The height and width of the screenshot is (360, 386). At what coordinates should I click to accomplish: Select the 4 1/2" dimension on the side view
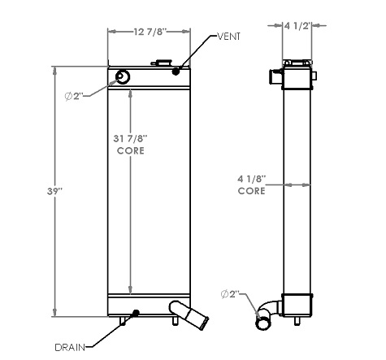coord(297,26)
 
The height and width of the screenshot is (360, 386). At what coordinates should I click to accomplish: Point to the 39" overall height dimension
coord(54,191)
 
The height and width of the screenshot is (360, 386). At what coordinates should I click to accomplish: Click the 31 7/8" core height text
coord(131,140)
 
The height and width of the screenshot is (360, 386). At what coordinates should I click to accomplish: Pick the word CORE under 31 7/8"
coord(131,151)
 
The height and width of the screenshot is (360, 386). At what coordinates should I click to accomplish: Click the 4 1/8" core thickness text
coord(253,179)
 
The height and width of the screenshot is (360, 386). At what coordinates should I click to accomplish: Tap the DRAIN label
coord(71,347)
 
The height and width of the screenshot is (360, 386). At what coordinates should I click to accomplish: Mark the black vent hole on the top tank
coord(177,72)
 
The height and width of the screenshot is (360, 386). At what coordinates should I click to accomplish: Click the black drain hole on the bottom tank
coord(136,313)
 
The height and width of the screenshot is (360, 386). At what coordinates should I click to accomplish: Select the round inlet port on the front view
coord(123,77)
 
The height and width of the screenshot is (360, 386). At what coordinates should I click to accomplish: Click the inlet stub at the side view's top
coord(274,77)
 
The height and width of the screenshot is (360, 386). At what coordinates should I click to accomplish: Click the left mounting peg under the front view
coord(124,322)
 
